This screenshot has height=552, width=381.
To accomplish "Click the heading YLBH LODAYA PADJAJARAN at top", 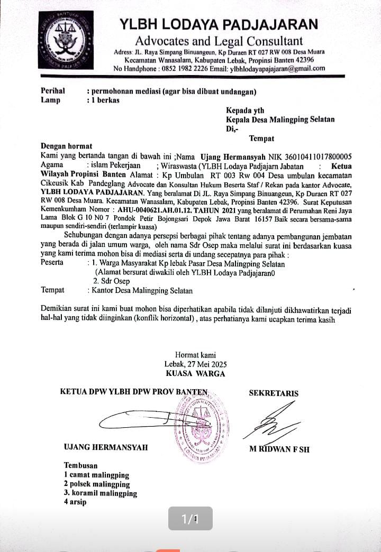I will point(219,24).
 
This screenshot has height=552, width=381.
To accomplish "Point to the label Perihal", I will point(53,91).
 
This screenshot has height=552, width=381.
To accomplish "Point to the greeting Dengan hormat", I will point(67,146).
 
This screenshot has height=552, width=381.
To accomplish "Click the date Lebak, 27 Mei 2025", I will point(195,364).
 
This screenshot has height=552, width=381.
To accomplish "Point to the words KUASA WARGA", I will point(195,373).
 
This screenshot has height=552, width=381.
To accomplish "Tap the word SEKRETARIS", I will point(274,393).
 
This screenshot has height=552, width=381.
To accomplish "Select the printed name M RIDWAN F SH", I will point(279,449).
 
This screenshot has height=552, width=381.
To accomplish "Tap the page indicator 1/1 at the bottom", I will point(190,519).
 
